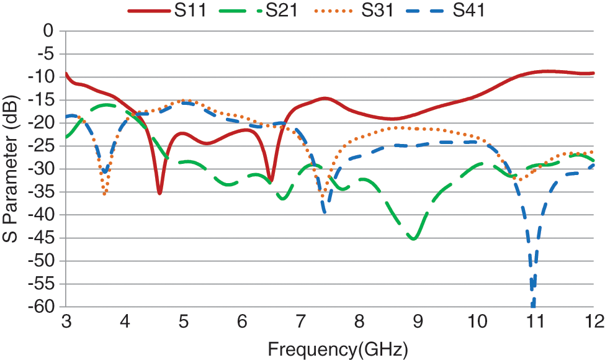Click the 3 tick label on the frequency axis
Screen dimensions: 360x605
[x=66, y=322]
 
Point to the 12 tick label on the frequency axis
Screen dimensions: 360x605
[x=594, y=322]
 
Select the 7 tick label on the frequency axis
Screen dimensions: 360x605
[x=301, y=322]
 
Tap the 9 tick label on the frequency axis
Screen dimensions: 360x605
[x=418, y=322]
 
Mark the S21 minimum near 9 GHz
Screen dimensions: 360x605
[x=414, y=238]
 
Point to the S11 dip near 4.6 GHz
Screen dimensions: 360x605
[x=159, y=193]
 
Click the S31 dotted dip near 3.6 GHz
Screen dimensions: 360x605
[x=104, y=194]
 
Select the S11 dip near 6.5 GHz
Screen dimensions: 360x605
[x=270, y=180]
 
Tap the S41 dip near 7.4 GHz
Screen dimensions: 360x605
[x=325, y=212]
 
